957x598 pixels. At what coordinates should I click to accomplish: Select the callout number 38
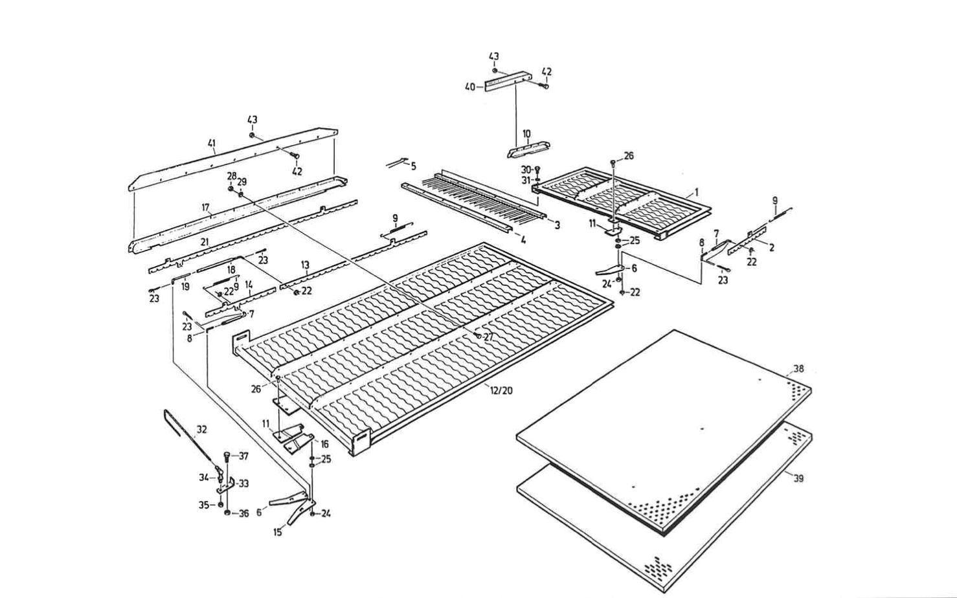798,369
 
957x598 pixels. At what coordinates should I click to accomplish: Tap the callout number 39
798,478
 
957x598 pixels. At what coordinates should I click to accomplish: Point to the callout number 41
211,144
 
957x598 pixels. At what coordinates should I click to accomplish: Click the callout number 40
471,87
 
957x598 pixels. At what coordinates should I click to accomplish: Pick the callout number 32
202,429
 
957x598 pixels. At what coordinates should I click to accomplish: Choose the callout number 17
205,208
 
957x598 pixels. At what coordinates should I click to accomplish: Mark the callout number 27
488,337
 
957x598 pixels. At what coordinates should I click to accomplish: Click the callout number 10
526,134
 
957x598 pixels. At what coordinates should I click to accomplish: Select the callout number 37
243,456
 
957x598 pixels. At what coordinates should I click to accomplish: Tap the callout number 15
277,533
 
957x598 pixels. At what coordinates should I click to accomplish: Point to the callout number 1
697,192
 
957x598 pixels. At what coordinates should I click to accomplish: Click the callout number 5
413,166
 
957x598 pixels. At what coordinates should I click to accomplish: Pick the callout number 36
243,514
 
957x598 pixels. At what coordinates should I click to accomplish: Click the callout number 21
204,241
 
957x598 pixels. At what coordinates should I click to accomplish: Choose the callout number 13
305,265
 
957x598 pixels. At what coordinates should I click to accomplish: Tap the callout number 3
557,225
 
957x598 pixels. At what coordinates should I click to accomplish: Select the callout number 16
324,445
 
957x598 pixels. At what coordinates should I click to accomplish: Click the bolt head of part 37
227,456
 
